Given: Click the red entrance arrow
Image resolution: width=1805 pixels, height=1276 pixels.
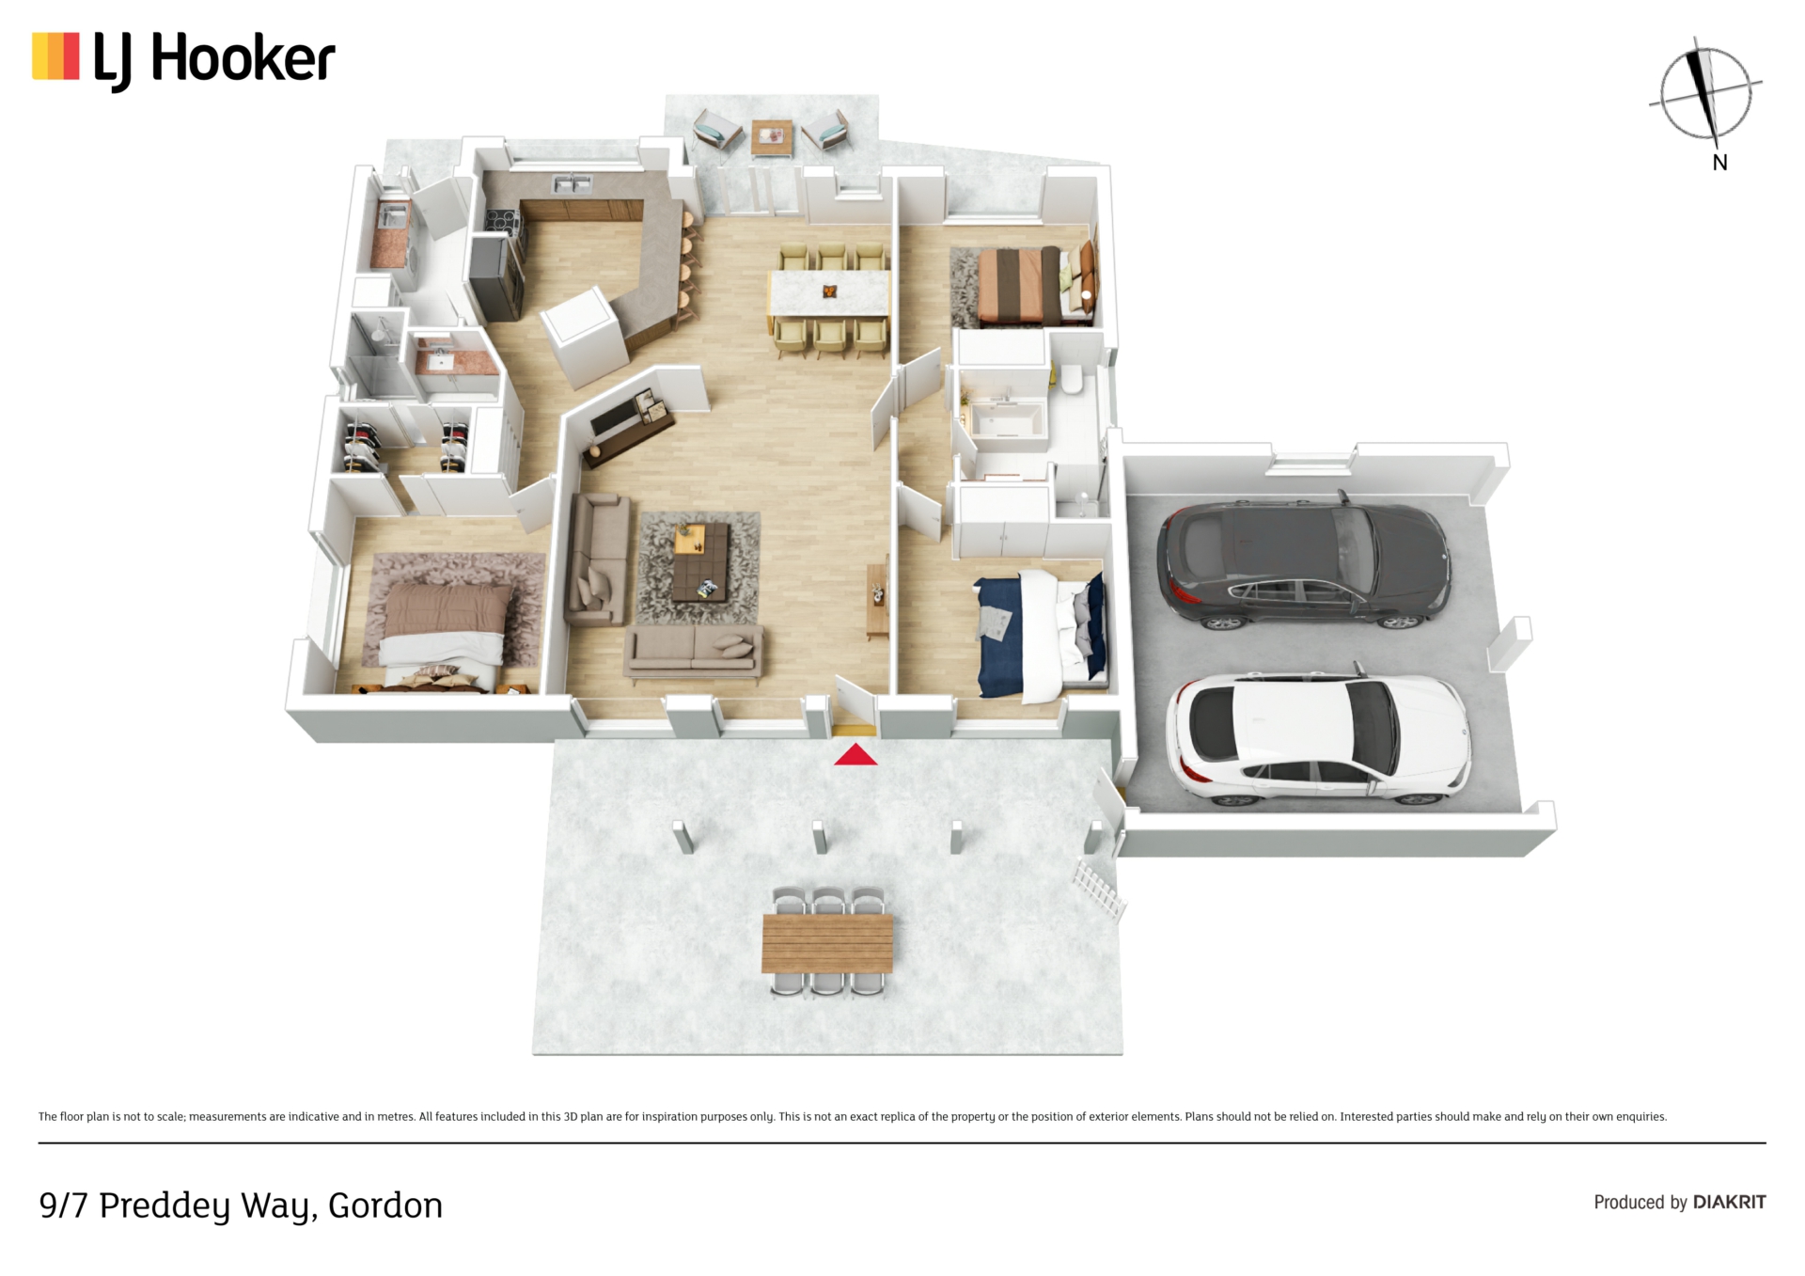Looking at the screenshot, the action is [x=855, y=754].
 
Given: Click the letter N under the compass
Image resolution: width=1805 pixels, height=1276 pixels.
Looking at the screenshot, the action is [x=1719, y=163].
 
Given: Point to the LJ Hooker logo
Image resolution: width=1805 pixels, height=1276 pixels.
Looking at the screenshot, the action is [x=184, y=60].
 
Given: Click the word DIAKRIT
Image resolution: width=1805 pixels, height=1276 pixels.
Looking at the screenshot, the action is [x=1729, y=1202].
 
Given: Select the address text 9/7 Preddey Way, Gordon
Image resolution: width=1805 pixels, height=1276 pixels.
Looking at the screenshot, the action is [x=241, y=1205].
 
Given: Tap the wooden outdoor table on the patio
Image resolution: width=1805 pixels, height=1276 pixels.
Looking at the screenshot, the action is [x=827, y=943].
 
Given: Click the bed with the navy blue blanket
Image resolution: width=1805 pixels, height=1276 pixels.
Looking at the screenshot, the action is [x=1040, y=636].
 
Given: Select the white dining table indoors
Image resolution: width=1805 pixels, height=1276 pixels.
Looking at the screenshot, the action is [x=829, y=292].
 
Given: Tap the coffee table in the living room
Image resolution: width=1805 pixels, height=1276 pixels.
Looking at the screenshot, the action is [x=701, y=562].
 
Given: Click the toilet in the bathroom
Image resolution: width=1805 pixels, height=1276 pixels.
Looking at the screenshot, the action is [x=1072, y=380].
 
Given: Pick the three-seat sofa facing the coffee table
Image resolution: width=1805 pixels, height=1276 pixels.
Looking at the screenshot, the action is [x=694, y=649].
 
